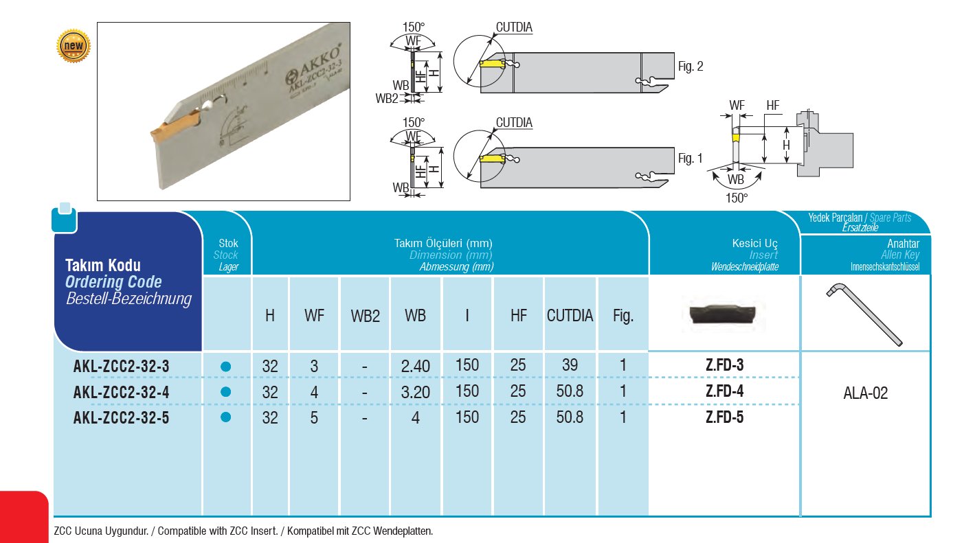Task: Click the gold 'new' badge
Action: click(x=74, y=46)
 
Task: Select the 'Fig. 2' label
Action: click(x=690, y=67)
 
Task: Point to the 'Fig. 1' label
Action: click(x=690, y=159)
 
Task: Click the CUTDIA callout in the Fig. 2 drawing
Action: click(x=513, y=27)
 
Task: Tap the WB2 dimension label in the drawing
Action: click(x=387, y=98)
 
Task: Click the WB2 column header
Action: click(x=365, y=316)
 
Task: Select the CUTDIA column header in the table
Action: click(x=570, y=316)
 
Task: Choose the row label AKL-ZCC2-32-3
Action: click(x=121, y=367)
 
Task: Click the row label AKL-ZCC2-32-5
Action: click(x=121, y=417)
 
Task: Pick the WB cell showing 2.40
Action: click(x=415, y=367)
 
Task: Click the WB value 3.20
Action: click(x=415, y=392)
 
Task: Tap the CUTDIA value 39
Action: click(x=570, y=365)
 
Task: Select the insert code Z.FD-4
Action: click(x=724, y=391)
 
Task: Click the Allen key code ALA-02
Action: click(x=865, y=394)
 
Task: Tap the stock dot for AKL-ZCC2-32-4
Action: click(x=226, y=392)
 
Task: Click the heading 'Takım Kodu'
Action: click(x=102, y=266)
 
